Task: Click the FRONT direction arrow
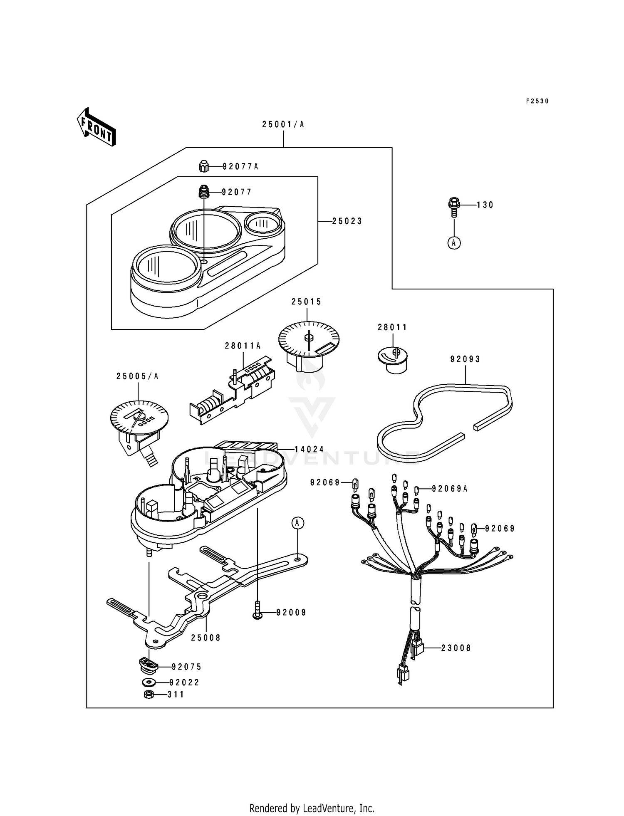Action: [x=96, y=127]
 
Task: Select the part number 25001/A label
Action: [x=283, y=124]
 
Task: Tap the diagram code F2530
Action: [x=537, y=101]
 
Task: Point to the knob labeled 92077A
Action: [x=203, y=166]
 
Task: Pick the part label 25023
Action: [x=347, y=221]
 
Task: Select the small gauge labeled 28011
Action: [x=392, y=359]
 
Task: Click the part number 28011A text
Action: [x=243, y=346]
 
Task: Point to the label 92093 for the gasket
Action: [x=466, y=359]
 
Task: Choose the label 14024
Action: [x=310, y=449]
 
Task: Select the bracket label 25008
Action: [x=206, y=638]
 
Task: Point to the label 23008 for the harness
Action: [x=456, y=648]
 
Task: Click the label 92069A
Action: [x=450, y=489]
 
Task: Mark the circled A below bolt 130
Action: [x=454, y=243]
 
